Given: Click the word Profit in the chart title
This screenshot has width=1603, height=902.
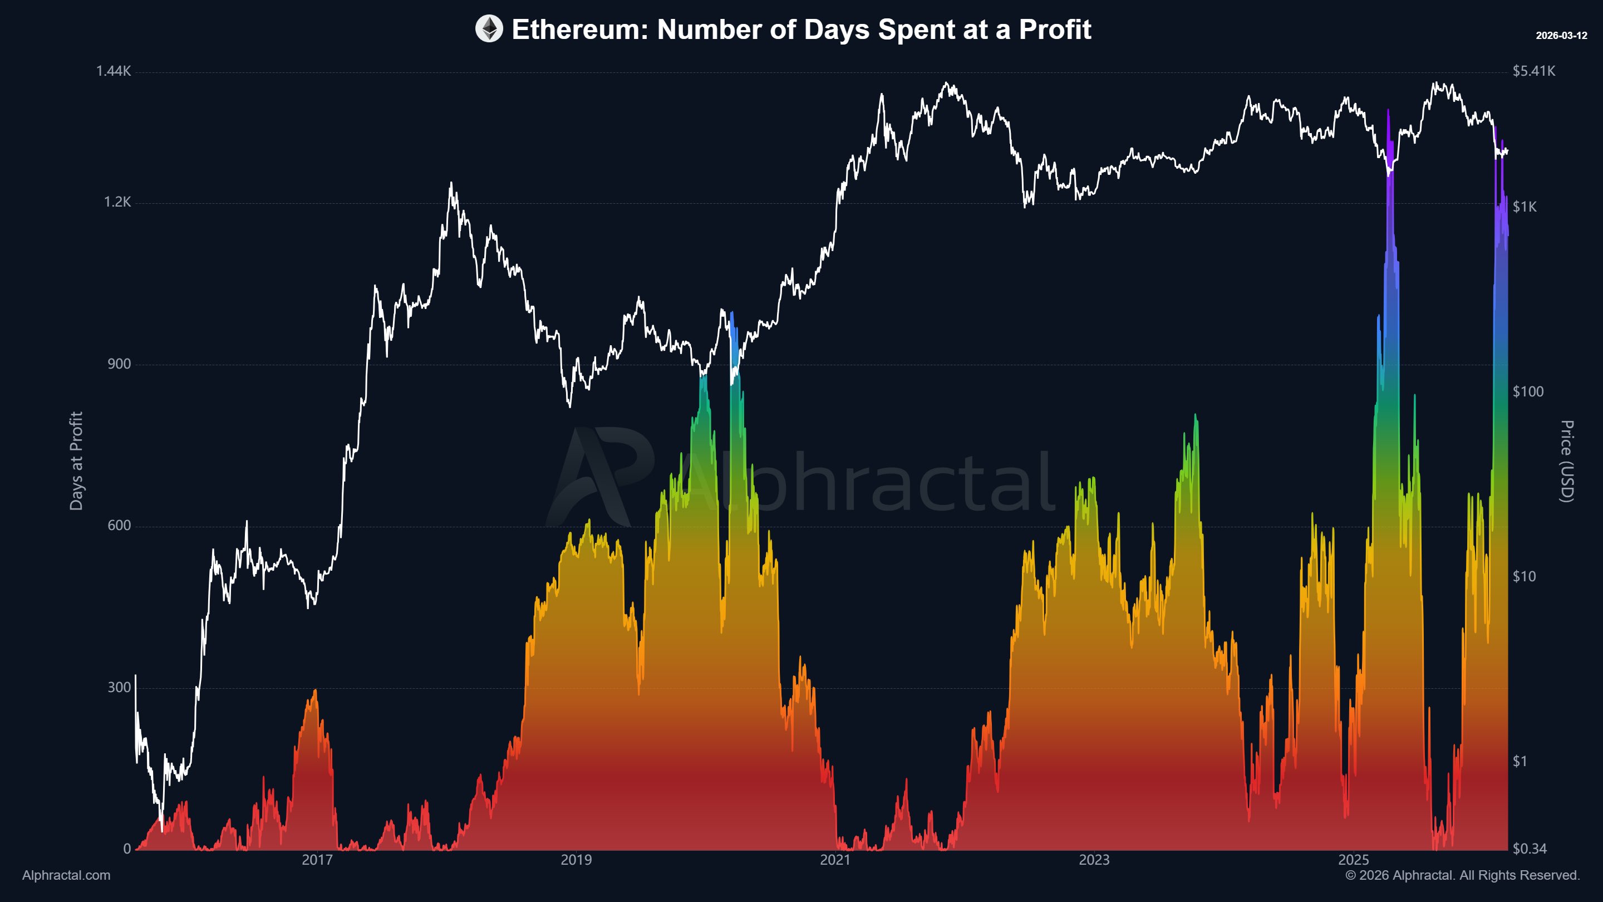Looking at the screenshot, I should point(1055,30).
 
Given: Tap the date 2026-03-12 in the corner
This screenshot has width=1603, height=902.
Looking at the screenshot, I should point(1561,36).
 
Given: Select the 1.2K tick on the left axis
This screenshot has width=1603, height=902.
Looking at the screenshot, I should point(117,202).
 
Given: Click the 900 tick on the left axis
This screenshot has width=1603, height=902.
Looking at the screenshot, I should point(119,364).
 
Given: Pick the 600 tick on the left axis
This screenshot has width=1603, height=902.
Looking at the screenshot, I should point(119,526).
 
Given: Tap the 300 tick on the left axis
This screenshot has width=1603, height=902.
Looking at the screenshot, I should point(119,687).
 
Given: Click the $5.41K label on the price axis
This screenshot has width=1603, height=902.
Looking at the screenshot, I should point(1533,71).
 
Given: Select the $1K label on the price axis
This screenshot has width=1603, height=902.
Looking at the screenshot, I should point(1524,207).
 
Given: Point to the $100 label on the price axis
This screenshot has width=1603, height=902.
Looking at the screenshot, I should point(1528,391).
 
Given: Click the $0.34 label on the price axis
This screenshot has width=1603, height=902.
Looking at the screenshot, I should point(1529,849).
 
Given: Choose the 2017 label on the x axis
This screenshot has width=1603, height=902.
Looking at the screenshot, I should point(317,860).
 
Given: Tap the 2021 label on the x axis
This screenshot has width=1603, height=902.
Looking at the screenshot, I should point(834,860).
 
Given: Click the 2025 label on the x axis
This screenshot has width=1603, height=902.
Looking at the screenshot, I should point(1353,860).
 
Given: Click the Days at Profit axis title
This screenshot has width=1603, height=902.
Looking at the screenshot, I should point(76,460).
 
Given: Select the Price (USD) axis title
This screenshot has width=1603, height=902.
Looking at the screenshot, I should point(1566,460).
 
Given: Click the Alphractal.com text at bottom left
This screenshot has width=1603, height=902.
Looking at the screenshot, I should point(66,875).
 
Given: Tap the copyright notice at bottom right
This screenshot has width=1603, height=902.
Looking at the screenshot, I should point(1462,875).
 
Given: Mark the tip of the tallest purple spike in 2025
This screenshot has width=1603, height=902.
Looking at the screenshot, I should point(1388,110).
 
